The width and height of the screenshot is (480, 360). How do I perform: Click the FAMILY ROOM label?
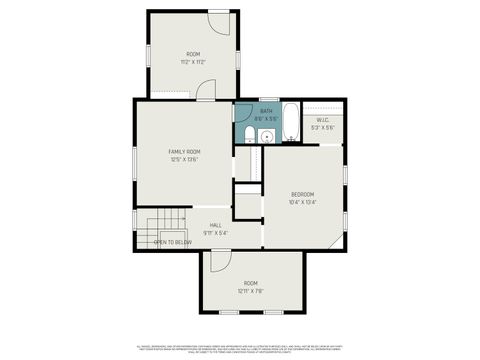tap(184, 152)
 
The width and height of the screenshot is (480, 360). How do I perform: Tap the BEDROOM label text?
tap(302, 194)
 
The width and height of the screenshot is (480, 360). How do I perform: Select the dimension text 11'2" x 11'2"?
tap(193, 62)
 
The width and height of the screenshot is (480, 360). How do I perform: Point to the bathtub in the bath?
tap(288, 122)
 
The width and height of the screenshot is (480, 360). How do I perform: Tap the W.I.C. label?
tap(322, 120)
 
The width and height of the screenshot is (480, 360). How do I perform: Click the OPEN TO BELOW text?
tap(173, 242)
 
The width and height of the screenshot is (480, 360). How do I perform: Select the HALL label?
tap(215, 226)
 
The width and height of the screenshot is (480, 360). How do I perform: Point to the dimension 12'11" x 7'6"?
tap(250, 291)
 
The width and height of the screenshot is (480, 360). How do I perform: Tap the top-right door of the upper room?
tap(220, 20)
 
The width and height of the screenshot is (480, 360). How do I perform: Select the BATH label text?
tap(266, 111)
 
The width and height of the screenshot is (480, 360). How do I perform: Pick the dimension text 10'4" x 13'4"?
tap(302, 202)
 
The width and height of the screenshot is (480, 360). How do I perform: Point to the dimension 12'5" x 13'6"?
tap(184, 159)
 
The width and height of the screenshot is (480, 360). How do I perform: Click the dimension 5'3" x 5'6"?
tap(322, 127)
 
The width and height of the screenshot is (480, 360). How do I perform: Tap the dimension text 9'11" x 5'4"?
tap(215, 233)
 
